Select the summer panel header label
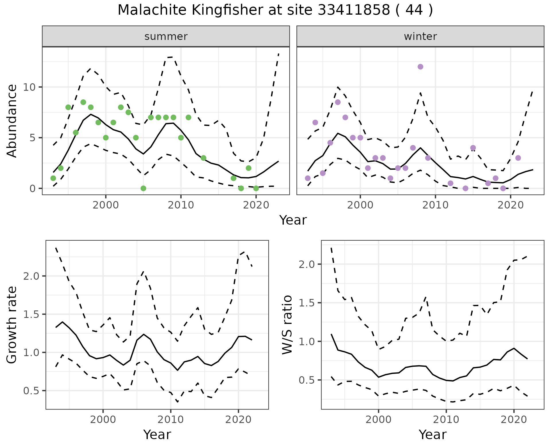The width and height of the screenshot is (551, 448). (x=166, y=36)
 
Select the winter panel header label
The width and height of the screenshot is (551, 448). (x=420, y=36)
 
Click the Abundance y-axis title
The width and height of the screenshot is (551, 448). (x=12, y=121)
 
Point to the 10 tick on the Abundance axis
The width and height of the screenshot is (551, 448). (x=29, y=87)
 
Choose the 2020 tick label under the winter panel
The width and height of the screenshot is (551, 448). (x=511, y=205)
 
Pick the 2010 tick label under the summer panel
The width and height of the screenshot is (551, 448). (x=181, y=205)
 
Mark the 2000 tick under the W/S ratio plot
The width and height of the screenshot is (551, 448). (x=379, y=420)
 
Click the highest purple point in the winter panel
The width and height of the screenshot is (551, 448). (x=420, y=67)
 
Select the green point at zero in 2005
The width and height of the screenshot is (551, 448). (x=143, y=188)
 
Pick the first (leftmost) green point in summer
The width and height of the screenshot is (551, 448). (x=53, y=178)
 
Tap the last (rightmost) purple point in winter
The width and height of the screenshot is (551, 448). (x=518, y=158)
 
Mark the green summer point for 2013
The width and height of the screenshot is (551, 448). (x=203, y=158)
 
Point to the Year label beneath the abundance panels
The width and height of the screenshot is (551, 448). (x=293, y=220)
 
